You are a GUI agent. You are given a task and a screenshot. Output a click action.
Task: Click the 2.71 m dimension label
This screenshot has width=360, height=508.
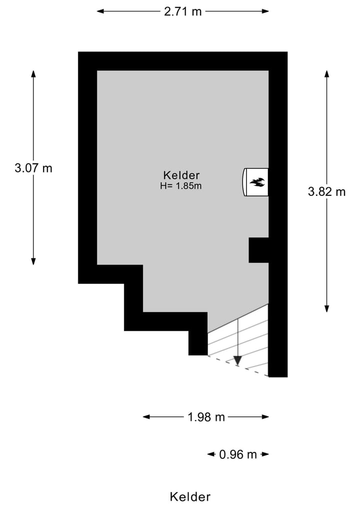point(182,11)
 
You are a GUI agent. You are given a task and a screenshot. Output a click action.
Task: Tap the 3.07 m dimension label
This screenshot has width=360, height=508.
point(33,168)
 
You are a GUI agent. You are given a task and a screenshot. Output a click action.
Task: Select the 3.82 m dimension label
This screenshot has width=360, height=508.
point(326,191)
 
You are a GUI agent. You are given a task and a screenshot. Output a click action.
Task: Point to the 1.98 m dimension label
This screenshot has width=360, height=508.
point(206,417)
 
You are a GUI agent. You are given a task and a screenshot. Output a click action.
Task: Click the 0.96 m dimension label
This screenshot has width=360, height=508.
point(238,454)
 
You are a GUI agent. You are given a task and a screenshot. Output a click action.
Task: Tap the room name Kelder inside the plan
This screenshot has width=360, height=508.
point(181,175)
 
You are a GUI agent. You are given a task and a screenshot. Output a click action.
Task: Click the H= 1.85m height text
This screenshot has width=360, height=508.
point(180,186)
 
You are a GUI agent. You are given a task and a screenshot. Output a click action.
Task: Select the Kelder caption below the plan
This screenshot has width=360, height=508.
point(190,497)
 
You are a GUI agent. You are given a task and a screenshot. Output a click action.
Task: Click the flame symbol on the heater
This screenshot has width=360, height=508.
point(257,182)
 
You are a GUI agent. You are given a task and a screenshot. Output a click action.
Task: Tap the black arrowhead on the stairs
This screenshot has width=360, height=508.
point(238,360)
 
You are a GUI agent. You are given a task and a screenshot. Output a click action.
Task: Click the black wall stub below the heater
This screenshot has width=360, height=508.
point(258,250)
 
